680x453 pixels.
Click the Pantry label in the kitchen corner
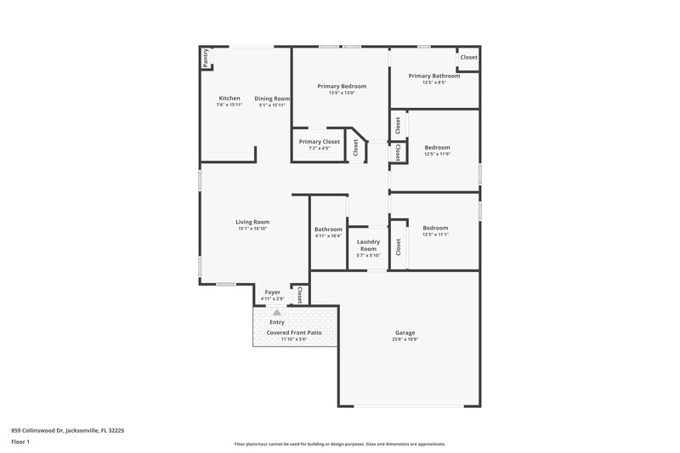206,58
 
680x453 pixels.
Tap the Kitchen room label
229,99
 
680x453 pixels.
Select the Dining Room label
272,99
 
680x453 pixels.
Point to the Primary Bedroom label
342,87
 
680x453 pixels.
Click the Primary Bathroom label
433,76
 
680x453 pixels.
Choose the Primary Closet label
319,141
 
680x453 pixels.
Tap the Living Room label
252,222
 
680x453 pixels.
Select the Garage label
405,332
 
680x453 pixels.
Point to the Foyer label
272,292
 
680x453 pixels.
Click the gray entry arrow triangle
276,313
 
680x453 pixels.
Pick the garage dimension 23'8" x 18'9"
405,339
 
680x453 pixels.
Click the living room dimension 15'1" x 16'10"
252,229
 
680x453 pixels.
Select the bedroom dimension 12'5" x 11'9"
436,154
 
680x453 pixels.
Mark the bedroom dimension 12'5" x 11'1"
436,235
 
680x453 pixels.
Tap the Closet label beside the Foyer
299,294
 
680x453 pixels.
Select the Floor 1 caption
20,443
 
